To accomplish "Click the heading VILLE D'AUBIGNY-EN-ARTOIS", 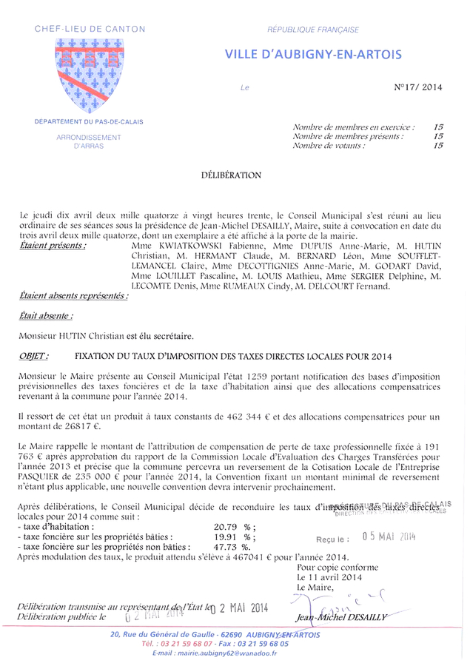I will (x=314, y=54).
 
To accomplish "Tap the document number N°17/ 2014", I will (x=418, y=87).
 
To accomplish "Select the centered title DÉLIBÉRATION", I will (x=231, y=175).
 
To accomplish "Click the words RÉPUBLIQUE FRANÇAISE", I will (x=313, y=30).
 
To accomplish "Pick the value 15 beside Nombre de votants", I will (x=438, y=146).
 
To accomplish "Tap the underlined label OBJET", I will (x=34, y=357).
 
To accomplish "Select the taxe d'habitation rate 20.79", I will (x=226, y=526).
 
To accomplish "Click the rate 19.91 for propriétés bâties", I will (x=226, y=536).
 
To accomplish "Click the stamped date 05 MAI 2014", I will (x=389, y=536).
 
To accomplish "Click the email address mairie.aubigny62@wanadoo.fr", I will (x=215, y=653).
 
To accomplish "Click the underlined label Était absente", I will (x=46, y=315).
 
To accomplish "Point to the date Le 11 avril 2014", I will (x=329, y=576).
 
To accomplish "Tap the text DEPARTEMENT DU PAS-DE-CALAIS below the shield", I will (x=89, y=121).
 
